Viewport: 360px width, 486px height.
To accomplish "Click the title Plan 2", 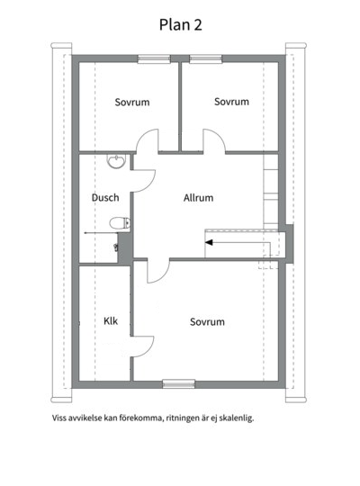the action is [x=181, y=25].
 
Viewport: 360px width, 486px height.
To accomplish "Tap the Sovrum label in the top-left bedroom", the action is [x=132, y=102].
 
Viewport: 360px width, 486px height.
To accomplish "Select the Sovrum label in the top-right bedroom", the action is [x=231, y=102].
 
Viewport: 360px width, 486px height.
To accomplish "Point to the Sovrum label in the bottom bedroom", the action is [x=207, y=321].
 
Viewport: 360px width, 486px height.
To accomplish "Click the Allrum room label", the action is [x=198, y=198].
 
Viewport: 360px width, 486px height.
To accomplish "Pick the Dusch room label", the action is [x=105, y=197].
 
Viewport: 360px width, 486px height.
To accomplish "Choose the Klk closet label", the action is [x=111, y=320].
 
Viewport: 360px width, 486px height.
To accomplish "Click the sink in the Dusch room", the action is [x=117, y=161].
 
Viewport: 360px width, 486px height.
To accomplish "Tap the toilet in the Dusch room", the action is [x=120, y=223].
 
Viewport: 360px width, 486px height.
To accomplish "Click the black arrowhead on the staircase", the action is [x=209, y=242].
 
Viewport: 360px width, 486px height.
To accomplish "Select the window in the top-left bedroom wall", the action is [x=154, y=58].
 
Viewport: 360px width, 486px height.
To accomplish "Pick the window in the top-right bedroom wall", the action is [x=205, y=58].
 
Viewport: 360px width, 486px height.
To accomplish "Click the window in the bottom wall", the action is [x=179, y=383].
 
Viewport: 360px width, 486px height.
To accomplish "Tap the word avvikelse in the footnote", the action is [x=85, y=418].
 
